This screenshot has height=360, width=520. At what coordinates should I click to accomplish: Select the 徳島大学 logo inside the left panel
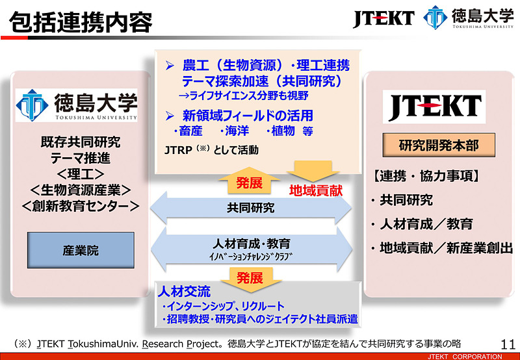point(77,106)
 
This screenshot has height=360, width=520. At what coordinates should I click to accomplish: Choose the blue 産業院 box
point(81,250)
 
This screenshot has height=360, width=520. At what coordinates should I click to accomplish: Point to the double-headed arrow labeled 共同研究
point(251,208)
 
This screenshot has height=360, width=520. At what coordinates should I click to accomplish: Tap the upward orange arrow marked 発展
point(250,182)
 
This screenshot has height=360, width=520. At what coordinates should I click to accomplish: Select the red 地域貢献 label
point(316,191)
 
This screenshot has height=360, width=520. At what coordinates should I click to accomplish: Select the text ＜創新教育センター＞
point(81,206)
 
